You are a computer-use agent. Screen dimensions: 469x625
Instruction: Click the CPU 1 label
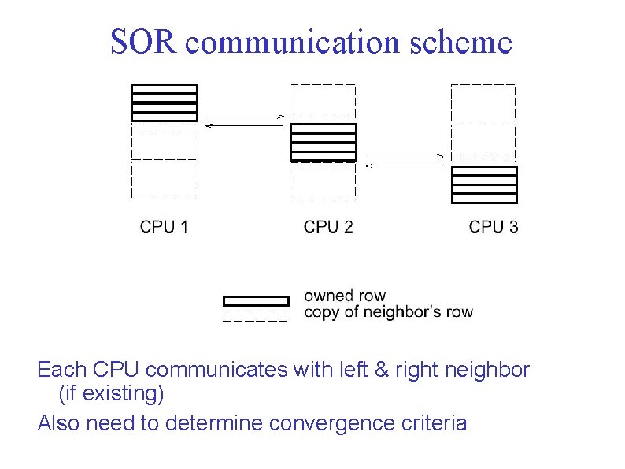coord(164,227)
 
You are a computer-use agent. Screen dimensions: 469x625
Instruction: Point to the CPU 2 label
coord(328,227)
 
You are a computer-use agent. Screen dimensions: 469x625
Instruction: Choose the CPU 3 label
coord(494,227)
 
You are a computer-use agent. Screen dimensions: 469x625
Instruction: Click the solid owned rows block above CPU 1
coord(164,102)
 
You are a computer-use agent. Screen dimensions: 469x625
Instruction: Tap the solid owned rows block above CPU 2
coord(324,142)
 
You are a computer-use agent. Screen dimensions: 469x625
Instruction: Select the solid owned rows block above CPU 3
coord(484,184)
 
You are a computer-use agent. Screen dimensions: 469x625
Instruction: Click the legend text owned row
coord(345,296)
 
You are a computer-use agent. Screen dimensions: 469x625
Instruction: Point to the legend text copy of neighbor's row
coord(388,311)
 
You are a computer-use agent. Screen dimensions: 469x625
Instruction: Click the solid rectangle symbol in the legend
coord(257,300)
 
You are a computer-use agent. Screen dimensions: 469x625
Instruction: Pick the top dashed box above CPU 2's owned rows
coord(324,99)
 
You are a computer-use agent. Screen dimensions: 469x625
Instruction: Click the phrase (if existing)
coord(110,391)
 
